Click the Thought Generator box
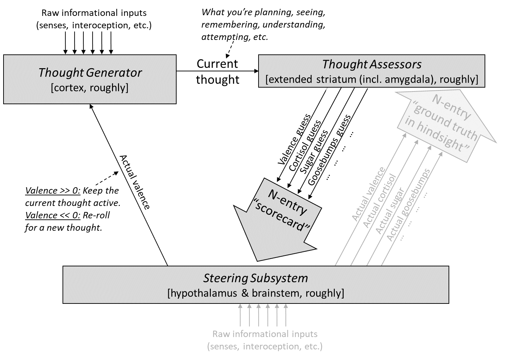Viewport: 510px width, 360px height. tap(90, 79)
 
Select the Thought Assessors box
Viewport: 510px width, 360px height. tap(372, 71)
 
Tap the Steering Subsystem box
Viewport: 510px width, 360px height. tap(255, 285)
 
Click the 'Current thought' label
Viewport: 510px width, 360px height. tap(218, 71)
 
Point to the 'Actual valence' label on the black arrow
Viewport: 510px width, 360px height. tap(135, 182)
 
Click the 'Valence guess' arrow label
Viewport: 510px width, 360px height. tap(294, 140)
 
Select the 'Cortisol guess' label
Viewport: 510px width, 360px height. tap(305, 146)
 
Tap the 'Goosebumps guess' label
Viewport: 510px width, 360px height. tap(329, 150)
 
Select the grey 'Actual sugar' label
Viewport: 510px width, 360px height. tap(389, 211)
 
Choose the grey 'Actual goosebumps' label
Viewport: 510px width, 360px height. tap(408, 205)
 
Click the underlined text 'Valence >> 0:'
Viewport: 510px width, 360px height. tap(53, 191)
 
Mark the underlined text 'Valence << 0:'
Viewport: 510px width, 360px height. tap(53, 215)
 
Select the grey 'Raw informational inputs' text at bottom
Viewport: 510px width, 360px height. tap(265, 334)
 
